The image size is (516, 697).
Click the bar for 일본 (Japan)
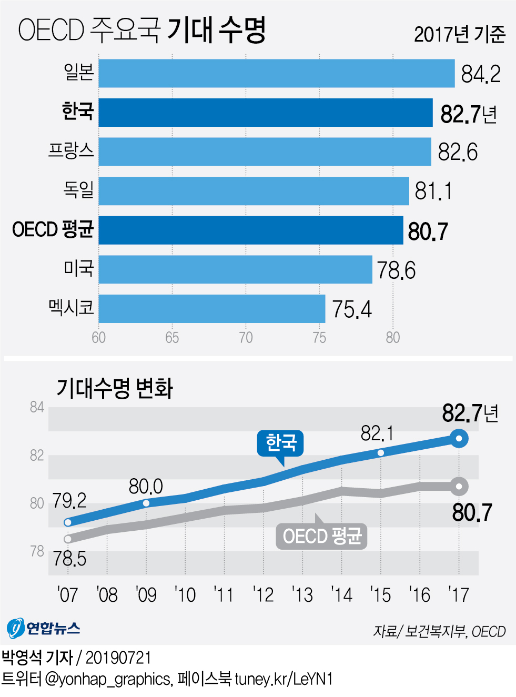tap(276, 73)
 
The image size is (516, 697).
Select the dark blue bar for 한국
tap(266, 113)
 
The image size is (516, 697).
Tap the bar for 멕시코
tap(211, 309)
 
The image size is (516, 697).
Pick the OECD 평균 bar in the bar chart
tap(250, 230)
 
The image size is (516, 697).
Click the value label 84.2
tap(481, 74)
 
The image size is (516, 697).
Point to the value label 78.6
tap(396, 270)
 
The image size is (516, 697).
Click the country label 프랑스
tap(71, 151)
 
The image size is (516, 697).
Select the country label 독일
tap(78, 190)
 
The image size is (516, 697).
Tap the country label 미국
tap(78, 269)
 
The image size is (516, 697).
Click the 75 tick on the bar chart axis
tap(319, 338)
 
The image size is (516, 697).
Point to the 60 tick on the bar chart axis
tap(99, 338)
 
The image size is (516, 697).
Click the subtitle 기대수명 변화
tap(115, 388)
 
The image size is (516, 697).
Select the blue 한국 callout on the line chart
tap(280, 442)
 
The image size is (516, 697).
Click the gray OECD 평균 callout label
tap(321, 537)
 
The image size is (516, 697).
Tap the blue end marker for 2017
tap(459, 439)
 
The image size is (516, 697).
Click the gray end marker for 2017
tap(459, 487)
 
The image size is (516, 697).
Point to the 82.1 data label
tap(377, 433)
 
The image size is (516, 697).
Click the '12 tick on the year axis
tap(263, 595)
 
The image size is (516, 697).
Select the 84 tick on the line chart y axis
tap(37, 408)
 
